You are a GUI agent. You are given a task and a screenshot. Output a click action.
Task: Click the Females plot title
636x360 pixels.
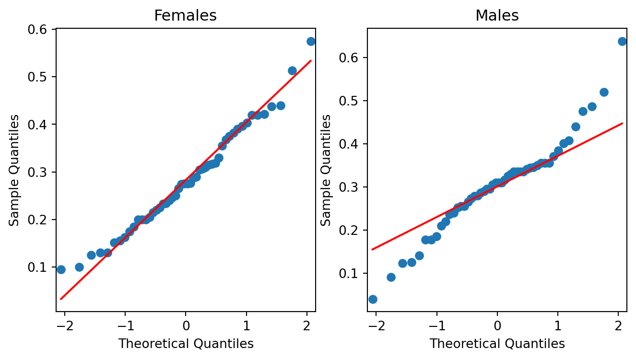point(185,16)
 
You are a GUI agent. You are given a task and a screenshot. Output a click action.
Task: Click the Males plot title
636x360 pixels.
point(497,16)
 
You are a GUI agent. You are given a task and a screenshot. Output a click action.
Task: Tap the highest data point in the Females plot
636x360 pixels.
point(311,41)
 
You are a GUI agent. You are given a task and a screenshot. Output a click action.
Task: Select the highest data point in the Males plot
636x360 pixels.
point(622,41)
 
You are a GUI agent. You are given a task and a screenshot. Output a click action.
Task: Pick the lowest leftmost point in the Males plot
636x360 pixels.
point(373,299)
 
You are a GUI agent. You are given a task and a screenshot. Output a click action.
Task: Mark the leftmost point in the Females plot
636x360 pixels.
point(61,269)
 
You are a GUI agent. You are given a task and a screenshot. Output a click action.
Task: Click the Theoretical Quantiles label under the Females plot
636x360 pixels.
point(186,343)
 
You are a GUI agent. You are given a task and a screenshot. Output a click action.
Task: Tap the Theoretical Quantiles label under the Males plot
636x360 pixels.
point(497,343)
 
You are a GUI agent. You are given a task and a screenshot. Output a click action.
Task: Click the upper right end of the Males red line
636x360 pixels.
point(622,123)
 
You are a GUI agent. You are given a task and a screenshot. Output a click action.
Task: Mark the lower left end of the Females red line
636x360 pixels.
point(61,299)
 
